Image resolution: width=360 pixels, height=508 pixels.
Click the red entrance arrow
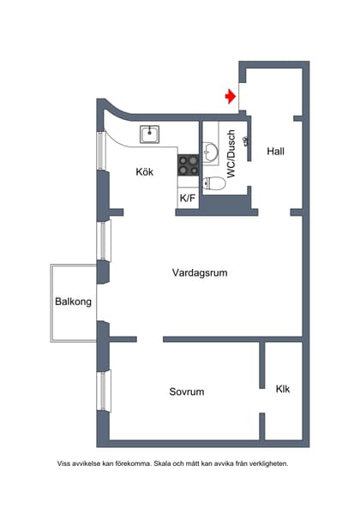230,97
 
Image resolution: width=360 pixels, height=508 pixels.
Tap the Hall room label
275,152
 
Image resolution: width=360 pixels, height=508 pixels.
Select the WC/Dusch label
231,152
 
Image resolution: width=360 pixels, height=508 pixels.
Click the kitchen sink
151,133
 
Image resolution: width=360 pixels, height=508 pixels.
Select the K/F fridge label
187,199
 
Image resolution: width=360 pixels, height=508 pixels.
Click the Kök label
144,171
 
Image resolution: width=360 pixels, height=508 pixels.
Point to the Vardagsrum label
199,273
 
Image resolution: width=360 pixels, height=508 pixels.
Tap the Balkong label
73,302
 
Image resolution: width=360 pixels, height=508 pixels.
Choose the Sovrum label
186,391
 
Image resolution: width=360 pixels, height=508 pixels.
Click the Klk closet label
283,389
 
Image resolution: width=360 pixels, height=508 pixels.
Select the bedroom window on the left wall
104,390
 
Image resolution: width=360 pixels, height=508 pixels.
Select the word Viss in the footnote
64,463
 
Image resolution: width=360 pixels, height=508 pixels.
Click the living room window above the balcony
105,241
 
